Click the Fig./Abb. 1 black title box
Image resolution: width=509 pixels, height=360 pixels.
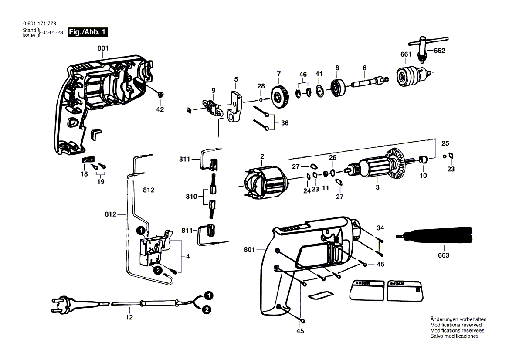tap(88, 32)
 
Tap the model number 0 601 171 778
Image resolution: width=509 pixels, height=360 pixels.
tap(40, 24)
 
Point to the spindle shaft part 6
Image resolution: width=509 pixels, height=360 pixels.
tap(370, 82)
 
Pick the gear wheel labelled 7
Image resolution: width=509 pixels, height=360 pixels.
tap(279, 96)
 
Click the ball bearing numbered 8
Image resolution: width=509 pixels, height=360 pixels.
tap(338, 88)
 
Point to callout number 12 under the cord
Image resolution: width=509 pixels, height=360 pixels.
tap(129, 317)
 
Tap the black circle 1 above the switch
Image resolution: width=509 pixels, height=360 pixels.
tap(141, 231)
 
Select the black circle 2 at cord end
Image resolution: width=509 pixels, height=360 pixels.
tap(207, 309)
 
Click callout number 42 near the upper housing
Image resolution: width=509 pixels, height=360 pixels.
tap(160, 109)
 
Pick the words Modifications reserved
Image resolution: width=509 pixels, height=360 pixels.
tap(456, 325)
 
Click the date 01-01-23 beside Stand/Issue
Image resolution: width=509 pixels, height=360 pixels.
tap(53, 32)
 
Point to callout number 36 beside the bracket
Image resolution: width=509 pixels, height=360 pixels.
tap(285, 123)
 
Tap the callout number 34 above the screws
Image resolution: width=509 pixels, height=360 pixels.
tap(380, 228)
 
